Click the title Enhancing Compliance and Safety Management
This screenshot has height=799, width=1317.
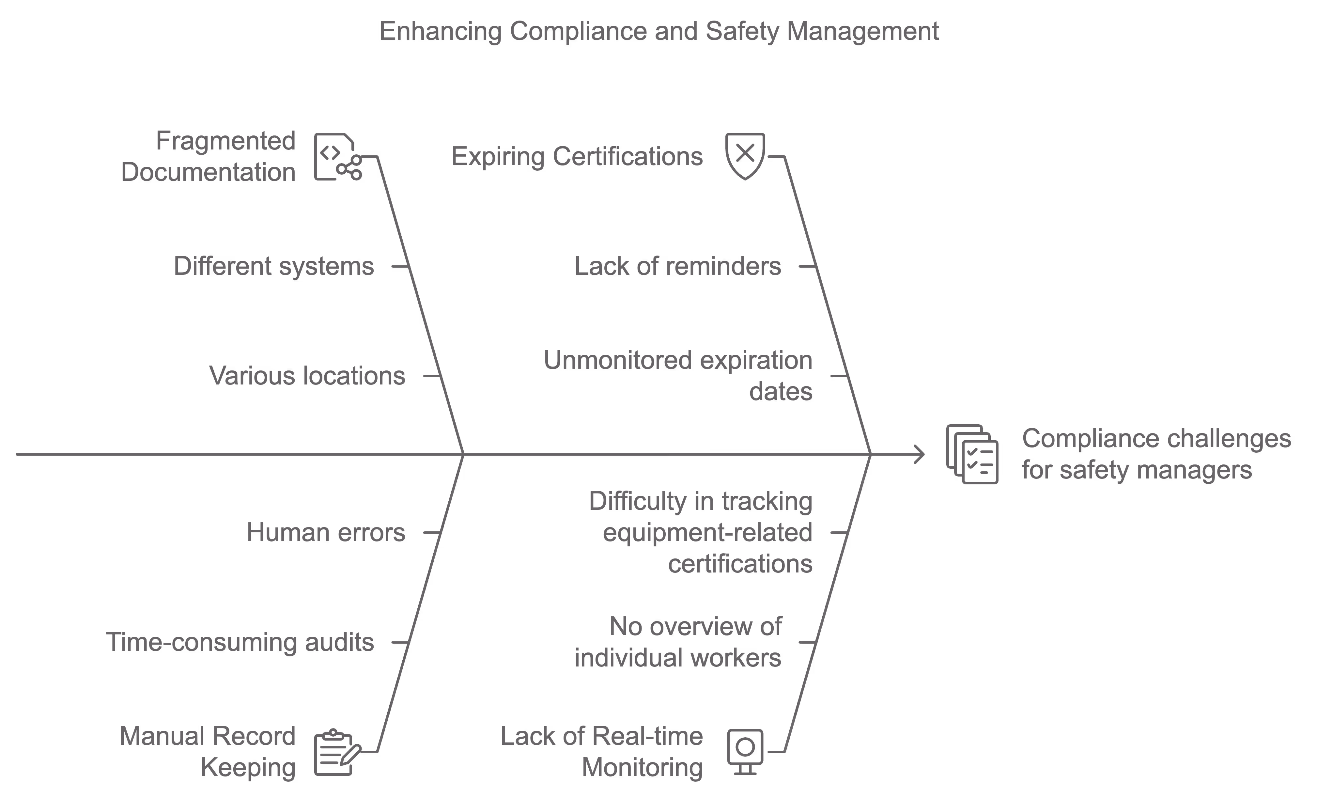pos(658,31)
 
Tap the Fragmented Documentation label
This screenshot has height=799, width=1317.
pos(209,157)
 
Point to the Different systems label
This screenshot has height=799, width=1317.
pos(274,266)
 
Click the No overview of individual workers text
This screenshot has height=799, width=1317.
pos(678,642)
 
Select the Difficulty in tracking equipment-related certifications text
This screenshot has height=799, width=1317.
pos(701,532)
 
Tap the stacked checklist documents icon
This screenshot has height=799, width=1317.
pos(972,454)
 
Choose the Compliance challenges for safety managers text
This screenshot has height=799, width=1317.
pos(1156,454)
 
